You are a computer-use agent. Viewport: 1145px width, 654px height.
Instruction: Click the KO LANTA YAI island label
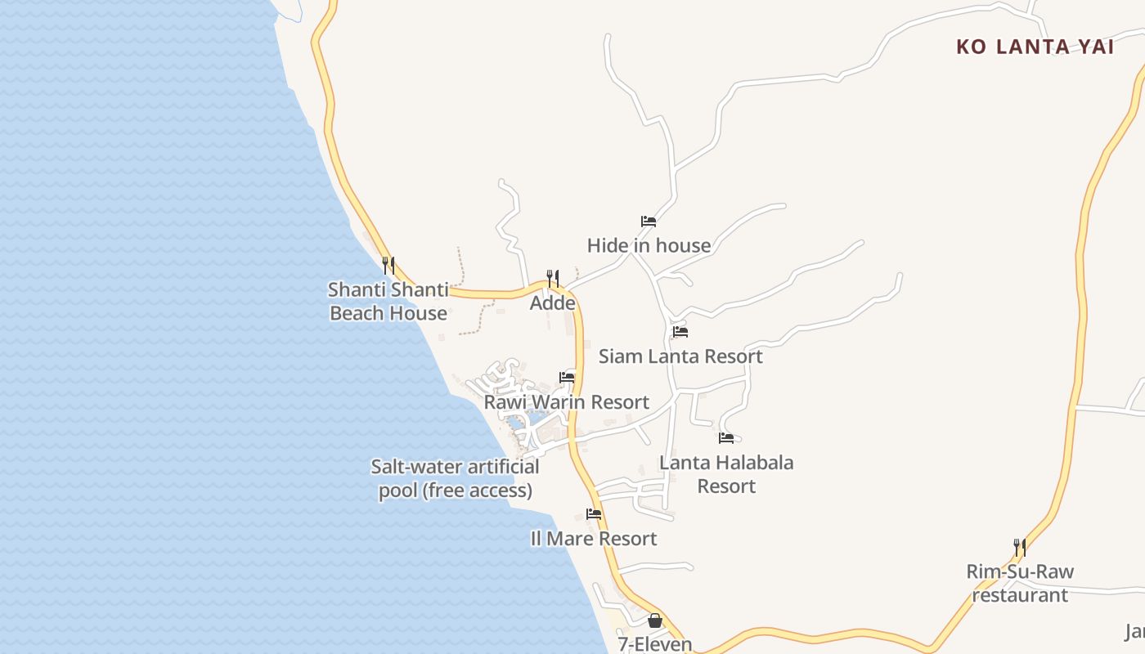[x=1035, y=47]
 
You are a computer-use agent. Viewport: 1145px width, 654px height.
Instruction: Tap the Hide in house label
[x=649, y=245]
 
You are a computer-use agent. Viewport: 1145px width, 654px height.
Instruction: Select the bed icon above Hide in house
[x=649, y=222]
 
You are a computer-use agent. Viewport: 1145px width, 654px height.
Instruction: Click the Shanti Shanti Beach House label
[x=388, y=301]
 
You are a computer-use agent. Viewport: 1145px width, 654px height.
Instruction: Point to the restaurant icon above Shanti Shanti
[x=388, y=265]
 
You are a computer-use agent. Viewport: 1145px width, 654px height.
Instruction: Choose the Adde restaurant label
[x=553, y=303]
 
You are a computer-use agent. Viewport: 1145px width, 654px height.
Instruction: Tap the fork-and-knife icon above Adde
[x=553, y=279]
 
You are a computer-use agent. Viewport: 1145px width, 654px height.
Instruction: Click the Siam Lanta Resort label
[x=680, y=356]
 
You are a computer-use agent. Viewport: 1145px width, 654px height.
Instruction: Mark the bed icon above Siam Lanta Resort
[x=680, y=332]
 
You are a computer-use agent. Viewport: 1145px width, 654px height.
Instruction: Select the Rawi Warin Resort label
[x=567, y=402]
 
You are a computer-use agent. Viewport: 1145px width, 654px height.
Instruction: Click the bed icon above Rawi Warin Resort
[x=567, y=378]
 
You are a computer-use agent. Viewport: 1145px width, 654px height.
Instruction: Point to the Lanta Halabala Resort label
[x=726, y=474]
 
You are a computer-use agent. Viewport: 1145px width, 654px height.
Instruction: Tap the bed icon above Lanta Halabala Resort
[x=726, y=438]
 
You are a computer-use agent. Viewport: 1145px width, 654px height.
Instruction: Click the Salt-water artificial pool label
[x=456, y=478]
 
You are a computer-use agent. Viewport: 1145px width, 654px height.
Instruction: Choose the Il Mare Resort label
[x=594, y=539]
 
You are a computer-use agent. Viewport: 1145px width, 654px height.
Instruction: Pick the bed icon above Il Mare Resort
[x=594, y=514]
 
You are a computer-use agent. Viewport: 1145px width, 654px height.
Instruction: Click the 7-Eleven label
[x=655, y=644]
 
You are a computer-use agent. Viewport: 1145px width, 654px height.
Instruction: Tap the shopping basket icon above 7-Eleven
[x=654, y=620]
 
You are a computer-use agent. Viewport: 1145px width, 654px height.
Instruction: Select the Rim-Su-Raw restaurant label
[x=1020, y=583]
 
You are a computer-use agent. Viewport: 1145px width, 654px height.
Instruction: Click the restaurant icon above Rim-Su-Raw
[x=1020, y=547]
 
